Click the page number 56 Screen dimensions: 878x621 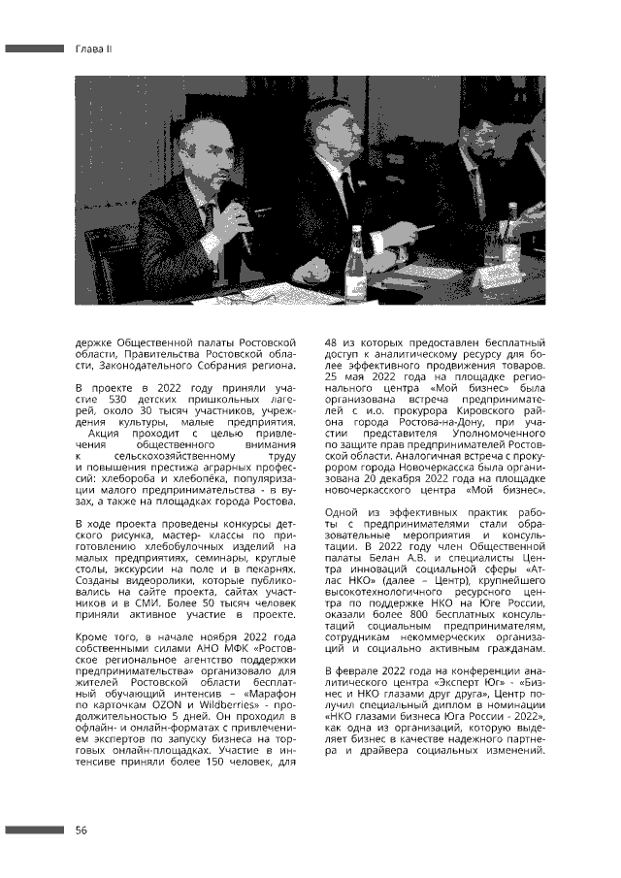tap(82, 829)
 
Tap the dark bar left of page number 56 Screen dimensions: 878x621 tap(35, 829)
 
